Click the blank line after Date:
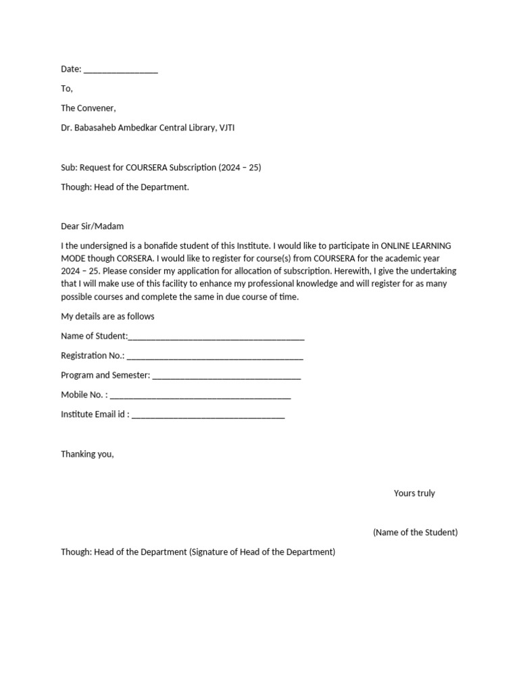click(120, 70)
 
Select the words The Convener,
click(89, 108)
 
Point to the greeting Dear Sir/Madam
click(93, 226)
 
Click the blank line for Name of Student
click(216, 337)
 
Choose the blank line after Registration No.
click(215, 356)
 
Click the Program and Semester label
click(105, 376)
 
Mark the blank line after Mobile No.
click(200, 395)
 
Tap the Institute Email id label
click(95, 415)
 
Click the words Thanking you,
click(88, 454)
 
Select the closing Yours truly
click(414, 493)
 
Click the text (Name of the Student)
click(415, 533)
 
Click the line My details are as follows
click(107, 317)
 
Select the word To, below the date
click(66, 89)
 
